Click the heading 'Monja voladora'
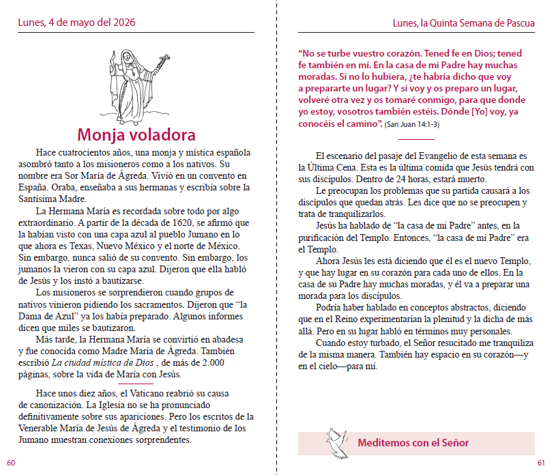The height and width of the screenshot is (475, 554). tap(136, 134)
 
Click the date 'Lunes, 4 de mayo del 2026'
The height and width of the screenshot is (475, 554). tap(76, 23)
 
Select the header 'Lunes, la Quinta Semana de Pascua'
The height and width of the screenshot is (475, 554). tap(463, 23)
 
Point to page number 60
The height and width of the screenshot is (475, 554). tap(11, 463)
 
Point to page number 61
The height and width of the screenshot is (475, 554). tap(541, 463)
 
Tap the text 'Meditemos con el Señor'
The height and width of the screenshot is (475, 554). tap(413, 443)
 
